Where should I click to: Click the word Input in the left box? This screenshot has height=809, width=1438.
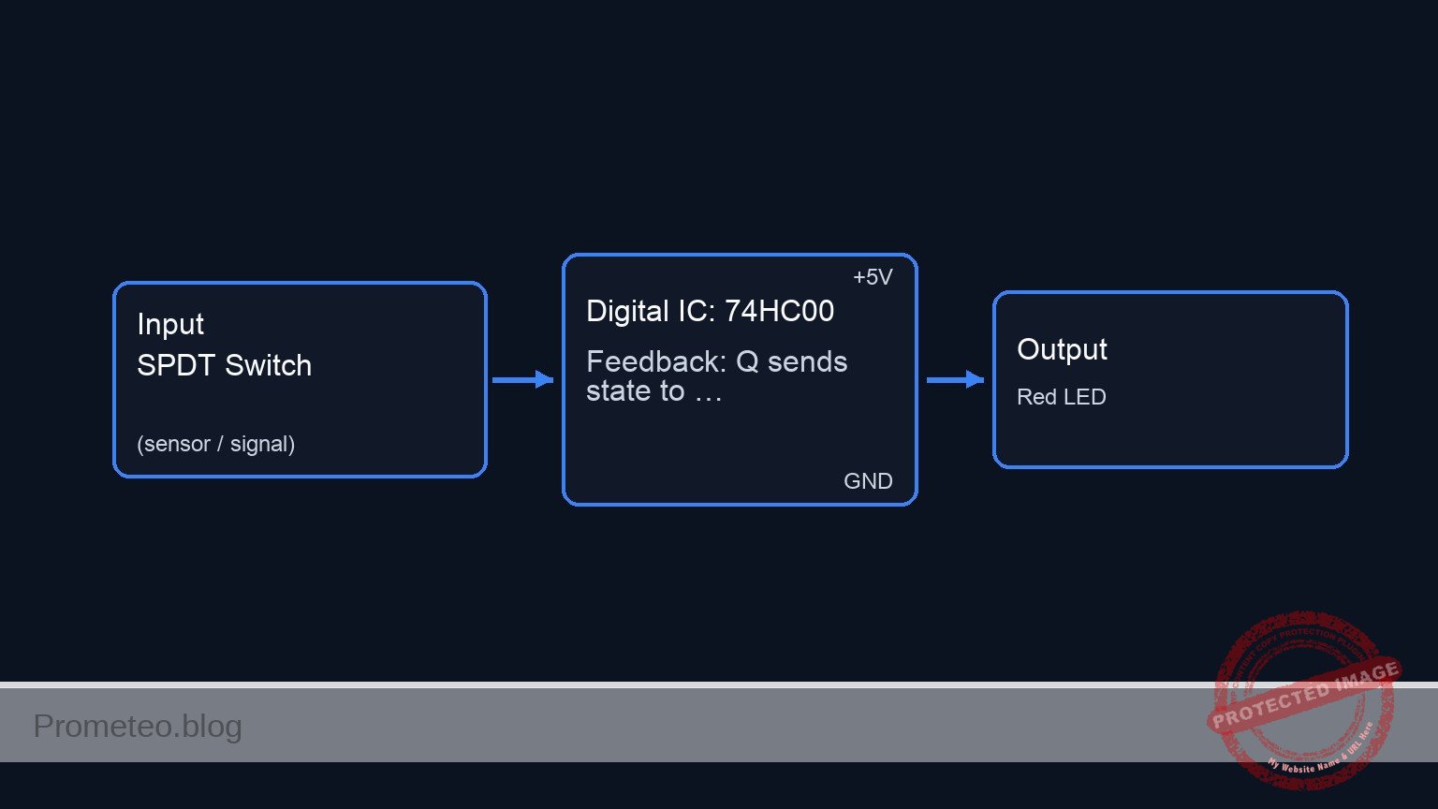(169, 324)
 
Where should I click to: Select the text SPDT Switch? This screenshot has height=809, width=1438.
(224, 365)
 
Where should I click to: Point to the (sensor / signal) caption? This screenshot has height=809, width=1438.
(215, 444)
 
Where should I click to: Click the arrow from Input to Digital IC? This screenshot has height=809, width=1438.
(522, 379)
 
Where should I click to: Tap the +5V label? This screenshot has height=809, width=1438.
(873, 277)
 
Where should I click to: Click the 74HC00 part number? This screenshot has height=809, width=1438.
(779, 311)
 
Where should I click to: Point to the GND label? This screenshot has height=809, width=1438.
(868, 481)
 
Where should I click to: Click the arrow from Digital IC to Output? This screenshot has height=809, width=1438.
(955, 379)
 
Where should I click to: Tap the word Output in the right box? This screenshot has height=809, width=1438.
(1062, 349)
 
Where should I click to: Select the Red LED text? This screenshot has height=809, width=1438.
(1061, 397)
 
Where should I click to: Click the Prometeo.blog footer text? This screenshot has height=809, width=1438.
(138, 726)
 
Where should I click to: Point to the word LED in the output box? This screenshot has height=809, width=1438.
(1084, 397)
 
